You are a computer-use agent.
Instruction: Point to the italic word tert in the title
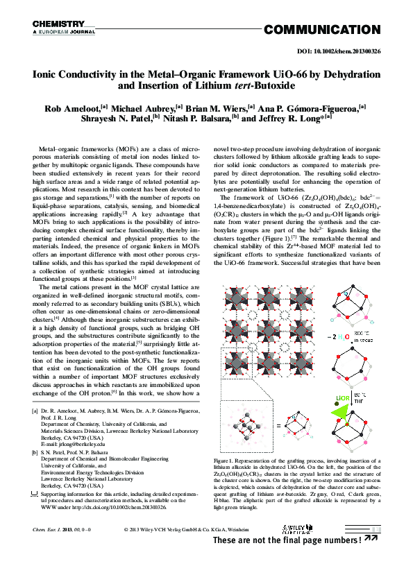pyautogui.click(x=240, y=86)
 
